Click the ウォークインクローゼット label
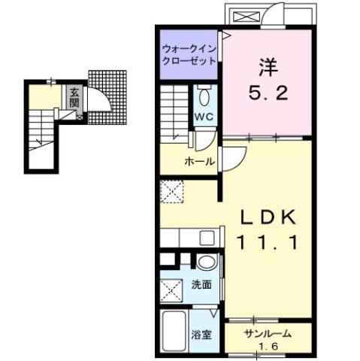[188, 56]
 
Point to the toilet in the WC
[205, 98]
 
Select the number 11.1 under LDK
[268, 242]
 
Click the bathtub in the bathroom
[175, 330]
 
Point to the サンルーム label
[267, 333]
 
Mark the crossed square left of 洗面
[172, 289]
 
